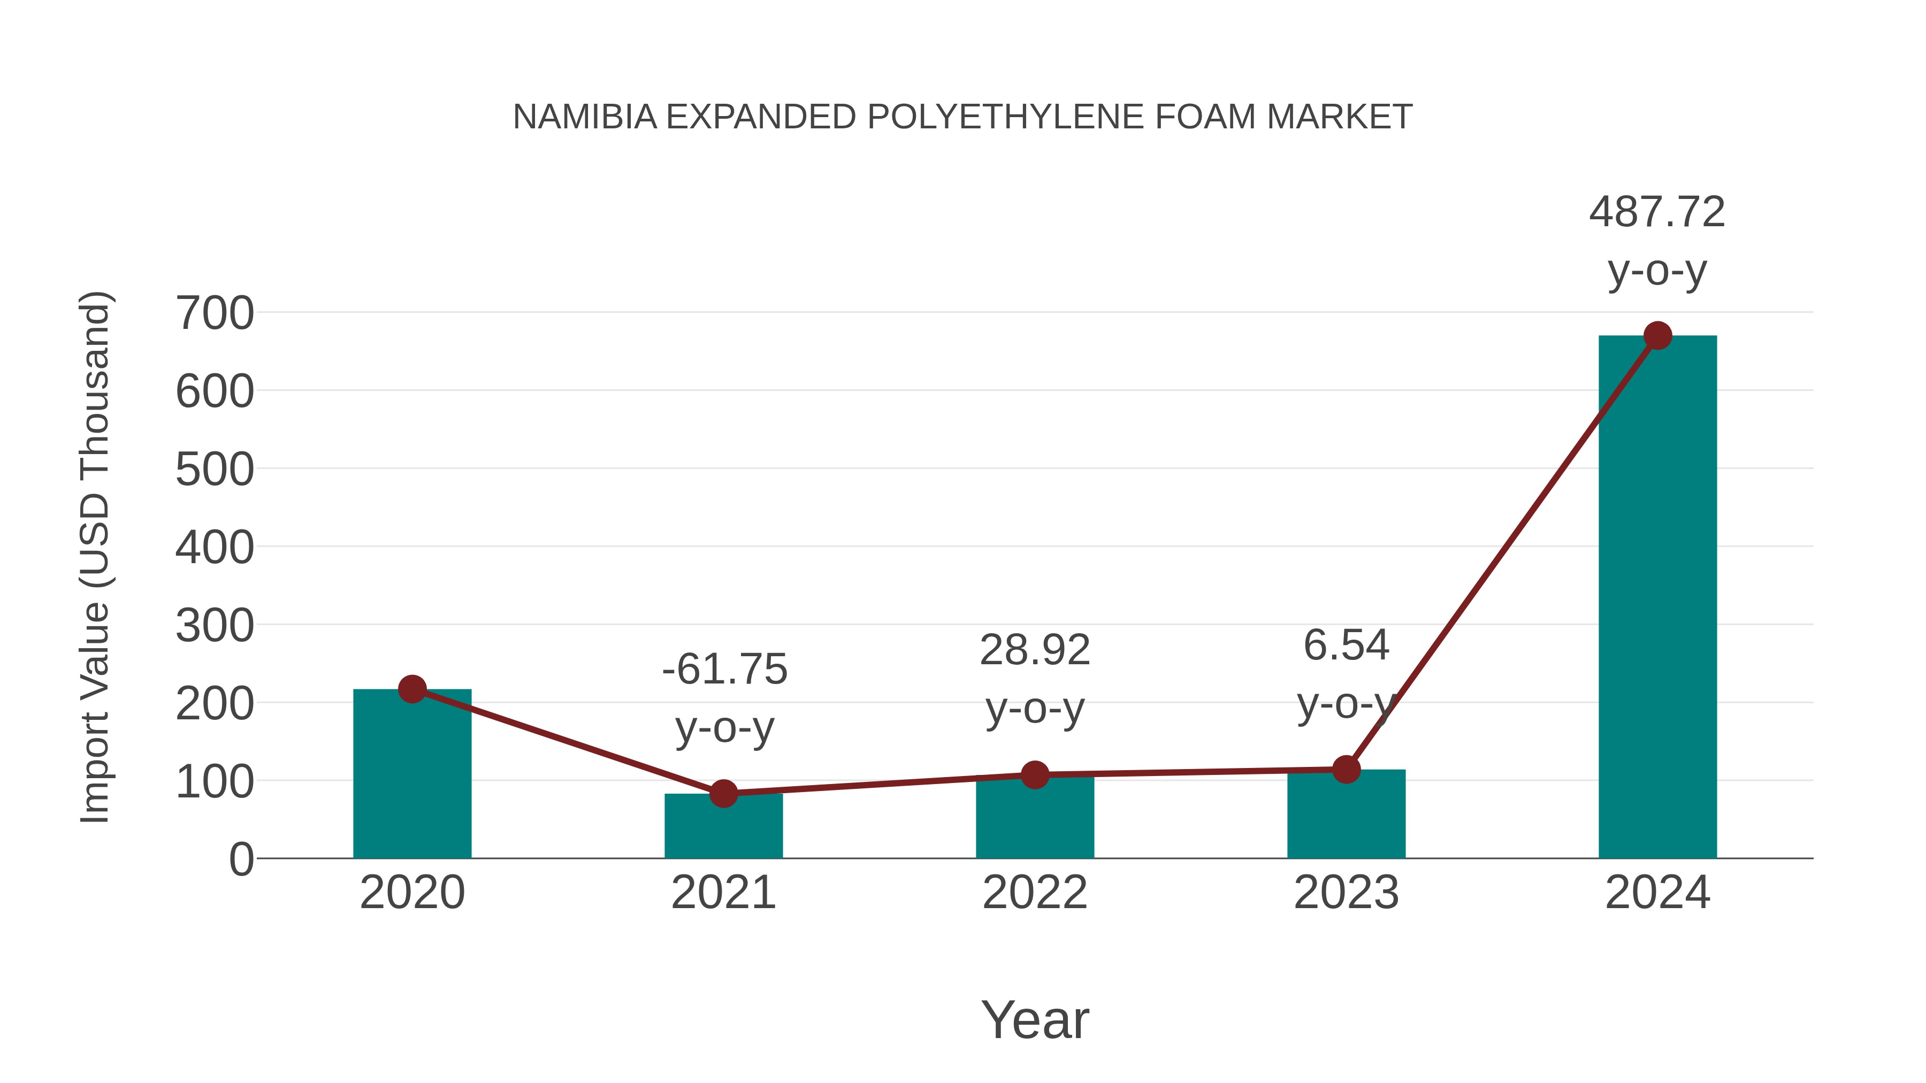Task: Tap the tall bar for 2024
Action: click(x=1657, y=598)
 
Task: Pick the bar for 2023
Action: click(x=1346, y=815)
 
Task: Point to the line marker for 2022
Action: click(x=1035, y=775)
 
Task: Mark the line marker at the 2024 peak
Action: click(x=1657, y=335)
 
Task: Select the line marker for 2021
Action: click(x=723, y=793)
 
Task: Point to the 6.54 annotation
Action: click(x=1346, y=645)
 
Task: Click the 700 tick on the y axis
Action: click(x=215, y=313)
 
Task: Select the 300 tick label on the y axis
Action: click(x=215, y=626)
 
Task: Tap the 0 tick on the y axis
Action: click(x=241, y=859)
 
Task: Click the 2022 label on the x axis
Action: click(x=1035, y=893)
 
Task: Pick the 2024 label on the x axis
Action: click(x=1657, y=893)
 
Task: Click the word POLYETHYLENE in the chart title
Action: click(x=1005, y=117)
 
